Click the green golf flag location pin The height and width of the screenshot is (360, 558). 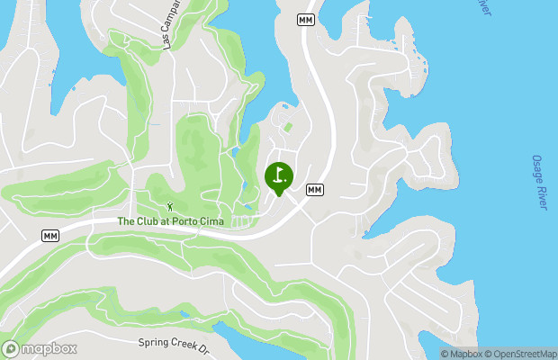[x=278, y=177]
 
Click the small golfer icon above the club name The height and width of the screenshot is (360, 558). [x=169, y=207]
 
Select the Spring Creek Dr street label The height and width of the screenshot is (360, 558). [x=174, y=343]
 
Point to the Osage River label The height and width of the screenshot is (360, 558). [x=540, y=183]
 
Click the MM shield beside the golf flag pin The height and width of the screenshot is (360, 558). [x=314, y=189]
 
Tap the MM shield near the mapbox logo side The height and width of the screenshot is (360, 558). [x=50, y=236]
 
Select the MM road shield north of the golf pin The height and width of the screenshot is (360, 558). [x=307, y=19]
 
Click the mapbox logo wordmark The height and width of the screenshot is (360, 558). [x=49, y=349]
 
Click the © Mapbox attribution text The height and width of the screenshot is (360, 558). [x=465, y=354]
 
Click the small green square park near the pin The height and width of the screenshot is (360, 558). [x=288, y=127]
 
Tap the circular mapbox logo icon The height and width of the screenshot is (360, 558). [x=11, y=349]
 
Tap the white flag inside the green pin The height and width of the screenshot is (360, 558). [x=279, y=174]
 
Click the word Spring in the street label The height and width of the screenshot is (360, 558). [x=154, y=342]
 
